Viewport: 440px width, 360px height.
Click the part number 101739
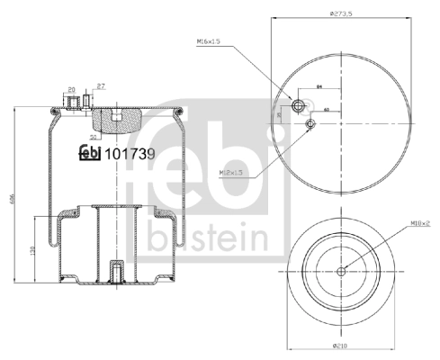131,154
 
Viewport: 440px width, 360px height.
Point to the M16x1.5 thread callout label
208,41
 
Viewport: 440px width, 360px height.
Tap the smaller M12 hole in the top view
310,123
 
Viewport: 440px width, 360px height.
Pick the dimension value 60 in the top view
326,110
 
